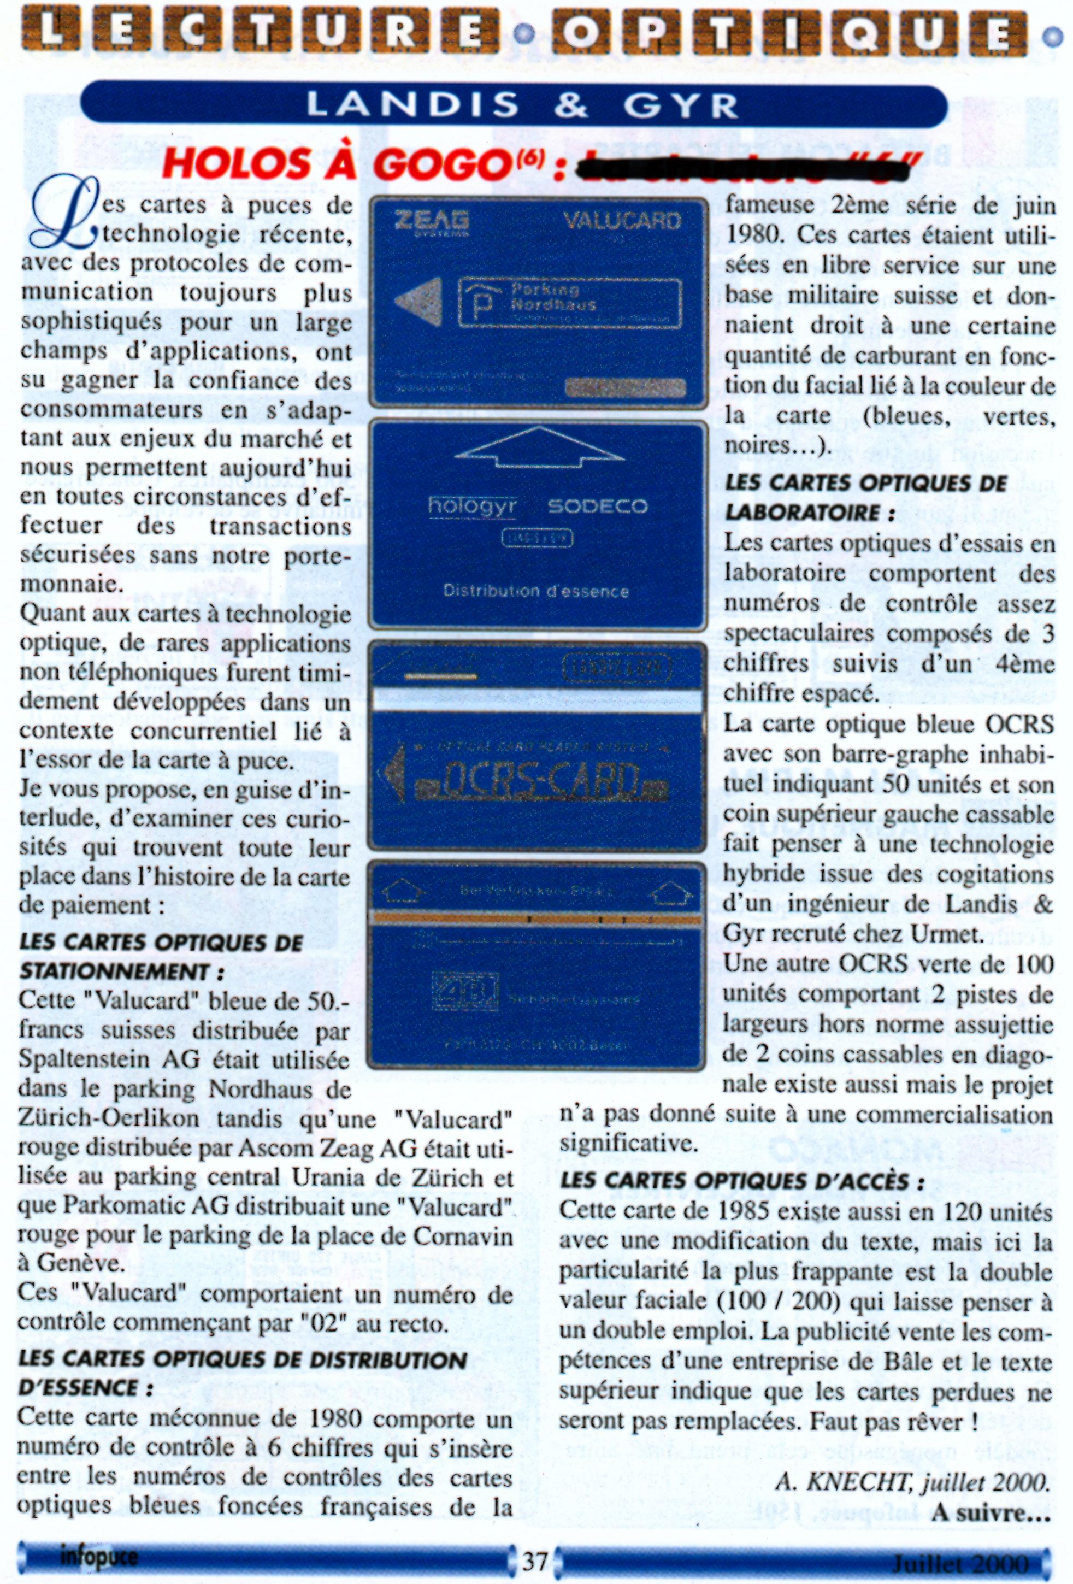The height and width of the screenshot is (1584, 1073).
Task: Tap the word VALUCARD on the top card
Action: click(621, 221)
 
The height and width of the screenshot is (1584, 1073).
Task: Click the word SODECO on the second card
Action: click(597, 507)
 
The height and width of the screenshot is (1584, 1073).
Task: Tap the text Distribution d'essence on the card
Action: click(536, 591)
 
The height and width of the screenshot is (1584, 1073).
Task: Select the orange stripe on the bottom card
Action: click(536, 920)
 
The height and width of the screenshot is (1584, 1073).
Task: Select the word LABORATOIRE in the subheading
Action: click(801, 512)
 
